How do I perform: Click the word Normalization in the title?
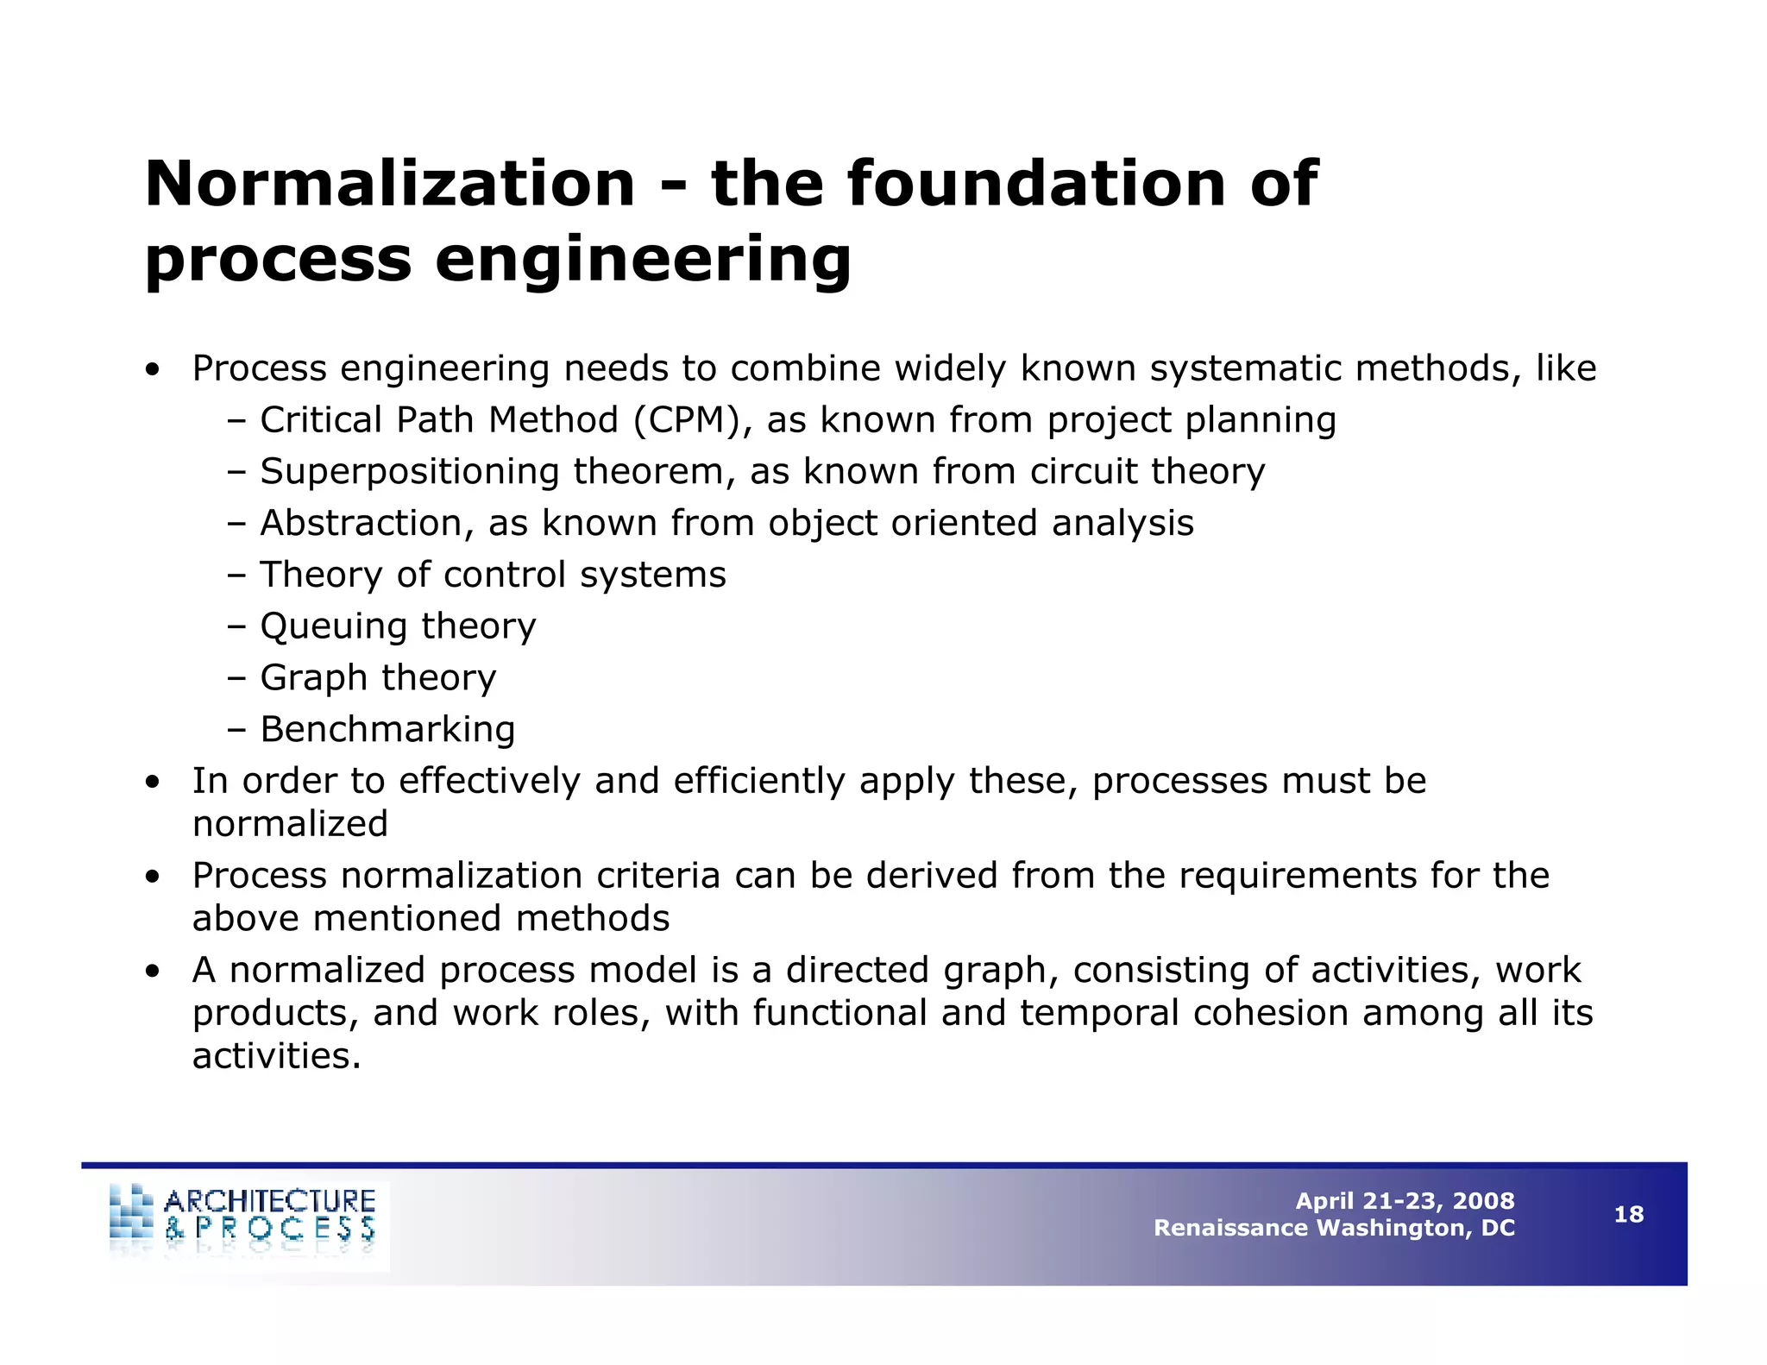point(390,184)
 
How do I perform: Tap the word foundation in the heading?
point(1036,184)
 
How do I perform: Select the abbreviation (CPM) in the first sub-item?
point(687,420)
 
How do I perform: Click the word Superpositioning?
point(410,472)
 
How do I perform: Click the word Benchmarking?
point(387,729)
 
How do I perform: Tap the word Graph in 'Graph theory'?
point(313,678)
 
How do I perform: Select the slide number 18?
point(1628,1215)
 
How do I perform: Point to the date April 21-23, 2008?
point(1405,1201)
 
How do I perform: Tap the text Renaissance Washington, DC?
point(1334,1228)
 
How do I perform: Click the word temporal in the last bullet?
point(1099,1013)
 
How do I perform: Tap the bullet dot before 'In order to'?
point(153,783)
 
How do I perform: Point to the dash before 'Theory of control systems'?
point(237,576)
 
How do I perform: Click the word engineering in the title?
point(643,259)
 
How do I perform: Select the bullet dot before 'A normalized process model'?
point(153,972)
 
